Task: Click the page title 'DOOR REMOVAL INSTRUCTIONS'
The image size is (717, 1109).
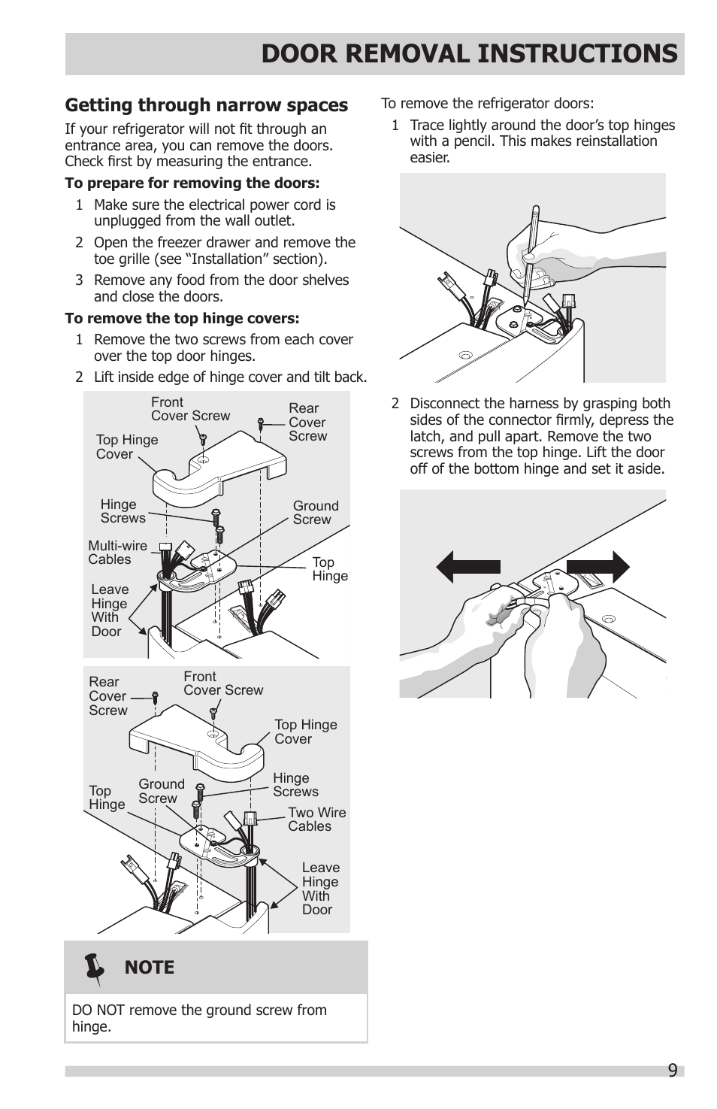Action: click(x=469, y=54)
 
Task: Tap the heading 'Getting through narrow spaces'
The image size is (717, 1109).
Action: click(x=206, y=105)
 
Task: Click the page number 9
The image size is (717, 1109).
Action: click(x=672, y=1070)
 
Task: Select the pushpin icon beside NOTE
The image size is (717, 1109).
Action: click(x=95, y=968)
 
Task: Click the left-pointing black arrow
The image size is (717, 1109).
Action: click(x=467, y=567)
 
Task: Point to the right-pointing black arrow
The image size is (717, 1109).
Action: click(x=598, y=567)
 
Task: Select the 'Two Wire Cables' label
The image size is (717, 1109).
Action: click(x=316, y=820)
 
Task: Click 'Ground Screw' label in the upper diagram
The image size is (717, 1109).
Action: click(x=315, y=513)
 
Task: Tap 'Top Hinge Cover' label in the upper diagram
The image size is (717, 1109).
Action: click(x=126, y=447)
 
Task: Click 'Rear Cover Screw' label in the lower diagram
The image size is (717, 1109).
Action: click(x=107, y=696)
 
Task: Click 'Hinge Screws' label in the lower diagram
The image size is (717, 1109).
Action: click(x=295, y=785)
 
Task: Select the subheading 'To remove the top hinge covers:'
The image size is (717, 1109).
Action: click(x=182, y=318)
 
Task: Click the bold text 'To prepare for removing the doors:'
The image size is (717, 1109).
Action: click(x=192, y=183)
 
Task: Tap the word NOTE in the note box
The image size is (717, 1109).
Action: click(x=149, y=968)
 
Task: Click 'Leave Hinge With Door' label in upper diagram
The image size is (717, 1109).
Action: click(x=109, y=611)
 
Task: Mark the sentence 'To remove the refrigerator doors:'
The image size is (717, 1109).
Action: click(x=487, y=104)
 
